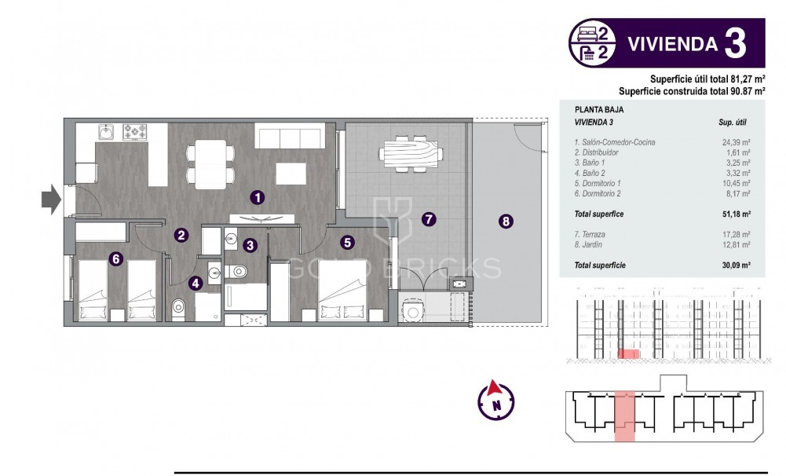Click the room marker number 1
coord(257,197)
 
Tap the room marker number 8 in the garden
coord(506,222)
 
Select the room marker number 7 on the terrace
coord(428,218)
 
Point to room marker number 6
coord(115,257)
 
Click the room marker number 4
coord(195,283)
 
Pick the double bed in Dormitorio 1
coord(342,291)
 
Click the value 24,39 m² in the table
coord(736,142)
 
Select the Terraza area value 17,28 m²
coord(736,234)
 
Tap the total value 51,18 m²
coord(734,214)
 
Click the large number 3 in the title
coord(734,43)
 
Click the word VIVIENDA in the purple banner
coord(672,44)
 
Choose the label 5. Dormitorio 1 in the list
coord(603,183)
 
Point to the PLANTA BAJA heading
coord(599,111)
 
